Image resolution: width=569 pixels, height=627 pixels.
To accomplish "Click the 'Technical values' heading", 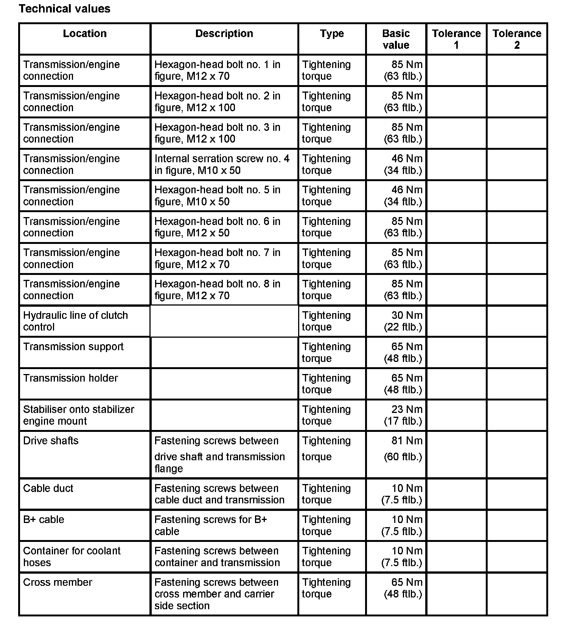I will [64, 9].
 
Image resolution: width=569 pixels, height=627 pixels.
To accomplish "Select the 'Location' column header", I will [85, 34].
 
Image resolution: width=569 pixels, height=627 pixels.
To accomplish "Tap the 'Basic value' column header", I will [396, 39].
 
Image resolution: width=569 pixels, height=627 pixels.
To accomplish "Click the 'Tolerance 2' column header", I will [517, 39].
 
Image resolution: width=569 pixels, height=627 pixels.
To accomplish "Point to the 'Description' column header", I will [224, 34].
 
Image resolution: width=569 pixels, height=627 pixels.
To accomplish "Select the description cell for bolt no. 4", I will [222, 165].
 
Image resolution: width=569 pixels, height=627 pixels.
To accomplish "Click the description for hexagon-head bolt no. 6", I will [218, 227].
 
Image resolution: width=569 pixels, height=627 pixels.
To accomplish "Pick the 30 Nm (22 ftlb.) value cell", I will [403, 321].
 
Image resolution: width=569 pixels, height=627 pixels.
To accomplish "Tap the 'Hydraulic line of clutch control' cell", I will [76, 321].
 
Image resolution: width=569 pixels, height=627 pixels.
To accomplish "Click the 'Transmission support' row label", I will [73, 347].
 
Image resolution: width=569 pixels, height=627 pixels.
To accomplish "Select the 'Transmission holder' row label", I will [70, 378].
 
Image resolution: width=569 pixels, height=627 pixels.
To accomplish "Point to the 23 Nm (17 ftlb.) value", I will [403, 415].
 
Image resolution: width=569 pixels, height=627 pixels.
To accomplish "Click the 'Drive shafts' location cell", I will [51, 441].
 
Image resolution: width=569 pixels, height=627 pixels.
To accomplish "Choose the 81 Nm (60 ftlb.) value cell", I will [403, 449].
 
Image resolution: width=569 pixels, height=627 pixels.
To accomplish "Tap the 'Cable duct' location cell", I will [48, 488].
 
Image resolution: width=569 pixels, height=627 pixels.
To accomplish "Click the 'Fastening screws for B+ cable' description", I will [211, 525].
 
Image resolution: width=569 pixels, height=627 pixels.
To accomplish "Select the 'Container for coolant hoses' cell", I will [72, 557].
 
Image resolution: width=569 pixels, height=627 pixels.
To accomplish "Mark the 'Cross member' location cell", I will [58, 582].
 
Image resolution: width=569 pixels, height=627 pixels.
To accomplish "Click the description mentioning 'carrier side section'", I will [216, 594].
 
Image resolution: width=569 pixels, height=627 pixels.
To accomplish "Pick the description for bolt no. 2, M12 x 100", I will [218, 102].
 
